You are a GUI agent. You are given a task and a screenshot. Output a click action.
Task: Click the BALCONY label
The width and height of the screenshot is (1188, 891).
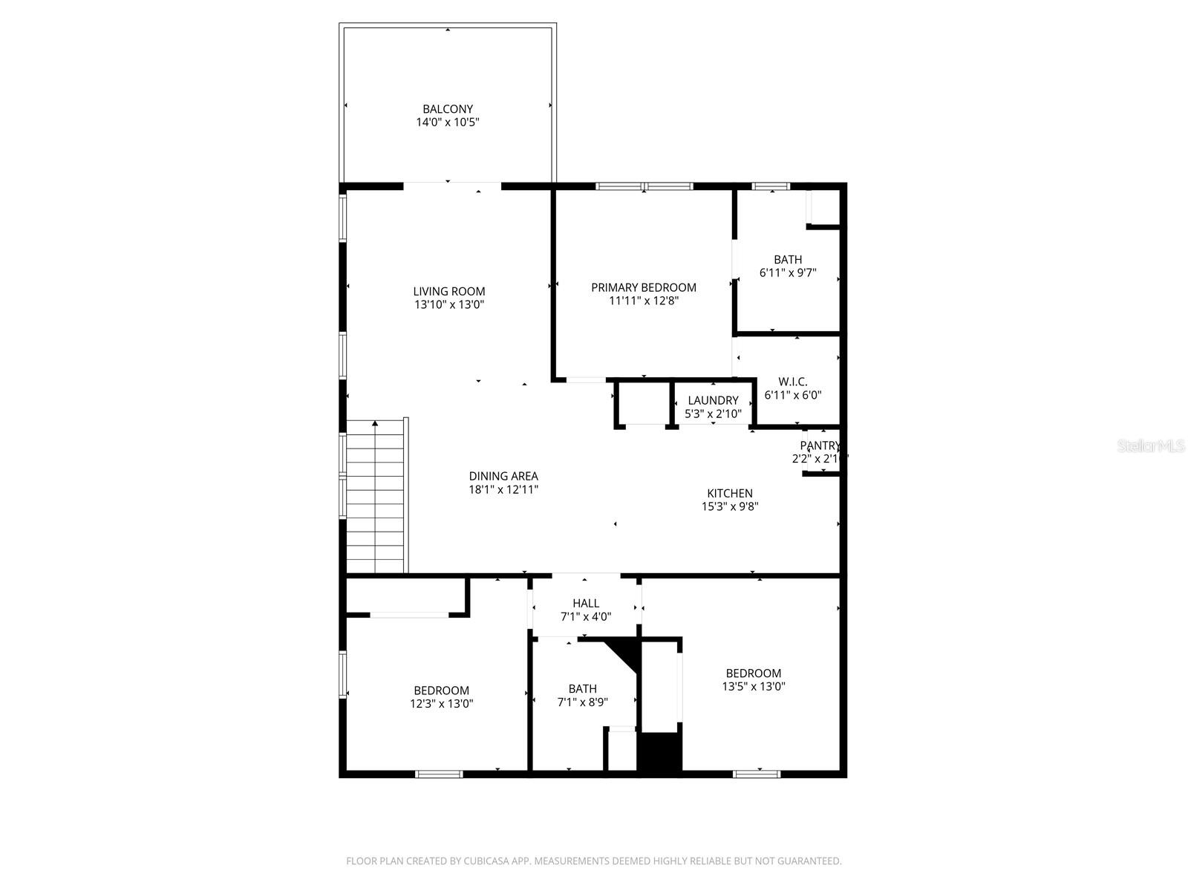[x=448, y=109]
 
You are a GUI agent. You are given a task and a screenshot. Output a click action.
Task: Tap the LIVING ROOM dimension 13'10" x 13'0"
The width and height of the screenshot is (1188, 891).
[x=449, y=304]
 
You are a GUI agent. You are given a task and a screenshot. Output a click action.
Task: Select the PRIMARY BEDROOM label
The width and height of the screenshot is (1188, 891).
[x=644, y=287]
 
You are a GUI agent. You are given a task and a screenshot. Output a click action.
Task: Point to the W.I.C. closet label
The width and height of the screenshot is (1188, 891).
[x=793, y=382]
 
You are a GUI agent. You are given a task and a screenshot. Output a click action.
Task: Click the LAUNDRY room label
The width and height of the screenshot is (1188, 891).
[x=713, y=401]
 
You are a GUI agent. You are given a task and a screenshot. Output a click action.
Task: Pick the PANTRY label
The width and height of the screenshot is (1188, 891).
[x=820, y=446]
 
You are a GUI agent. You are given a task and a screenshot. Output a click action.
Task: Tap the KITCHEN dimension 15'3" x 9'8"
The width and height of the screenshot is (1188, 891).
[x=730, y=507]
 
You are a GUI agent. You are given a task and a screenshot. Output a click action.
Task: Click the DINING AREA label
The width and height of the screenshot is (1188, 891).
[x=503, y=477]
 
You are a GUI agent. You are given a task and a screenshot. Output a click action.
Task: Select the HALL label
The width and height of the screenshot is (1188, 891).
[x=586, y=604]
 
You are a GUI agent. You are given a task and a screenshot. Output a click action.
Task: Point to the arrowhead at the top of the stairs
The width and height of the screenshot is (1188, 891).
[x=376, y=423]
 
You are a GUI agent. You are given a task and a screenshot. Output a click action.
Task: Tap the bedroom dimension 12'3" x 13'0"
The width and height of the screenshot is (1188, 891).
[x=442, y=704]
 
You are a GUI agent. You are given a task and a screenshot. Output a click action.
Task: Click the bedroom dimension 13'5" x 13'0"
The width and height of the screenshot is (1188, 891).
[x=754, y=687]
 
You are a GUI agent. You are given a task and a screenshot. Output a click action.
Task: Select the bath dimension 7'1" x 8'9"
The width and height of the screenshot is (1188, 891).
[x=583, y=702]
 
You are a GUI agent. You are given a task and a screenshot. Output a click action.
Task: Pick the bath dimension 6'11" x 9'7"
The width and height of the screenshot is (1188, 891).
[x=788, y=272]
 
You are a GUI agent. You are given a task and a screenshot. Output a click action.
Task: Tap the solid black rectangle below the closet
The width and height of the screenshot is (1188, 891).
[x=659, y=752]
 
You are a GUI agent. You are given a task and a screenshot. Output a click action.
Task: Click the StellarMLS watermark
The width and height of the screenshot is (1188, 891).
[x=1151, y=446]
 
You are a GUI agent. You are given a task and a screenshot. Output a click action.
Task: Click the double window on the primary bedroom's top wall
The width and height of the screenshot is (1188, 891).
[x=644, y=186]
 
